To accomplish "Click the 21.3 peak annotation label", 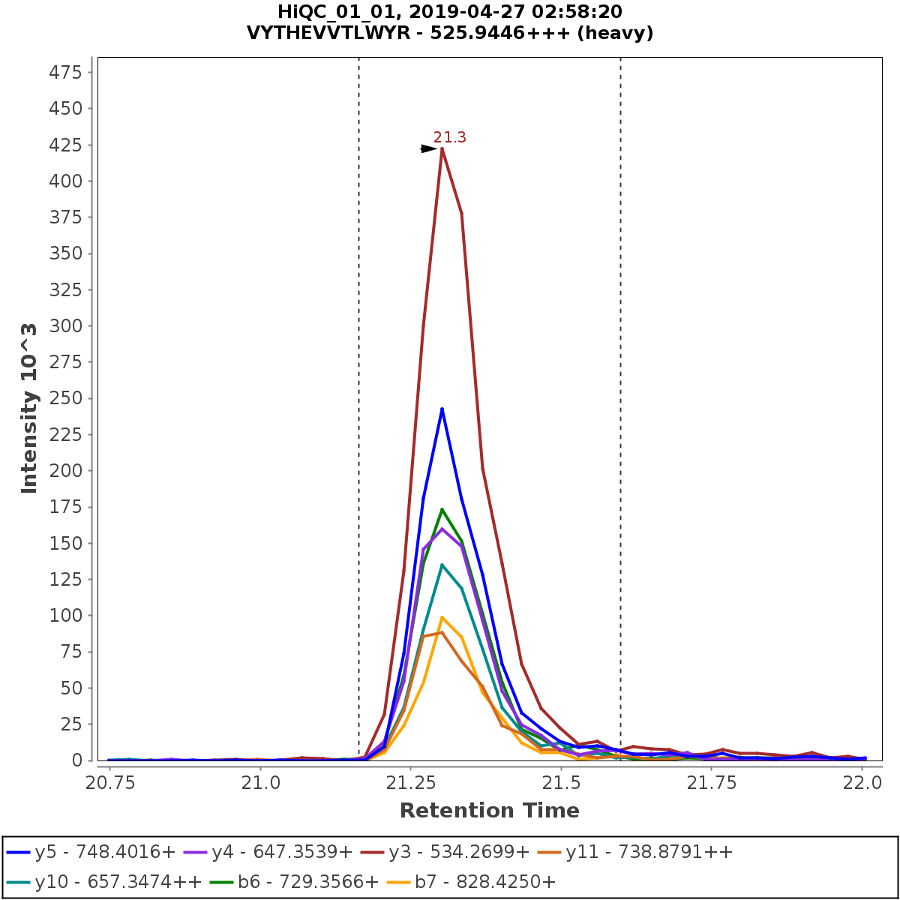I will pyautogui.click(x=450, y=137).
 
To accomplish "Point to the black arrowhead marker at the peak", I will pyautogui.click(x=429, y=148).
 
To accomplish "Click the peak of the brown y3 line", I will pyautogui.click(x=442, y=148).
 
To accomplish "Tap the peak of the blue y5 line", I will pyautogui.click(x=442, y=409).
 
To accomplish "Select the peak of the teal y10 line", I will pyautogui.click(x=442, y=565).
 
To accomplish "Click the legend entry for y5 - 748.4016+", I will pyautogui.click(x=91, y=852).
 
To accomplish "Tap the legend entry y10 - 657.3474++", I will pyautogui.click(x=104, y=882).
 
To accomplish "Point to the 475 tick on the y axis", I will pyautogui.click(x=65, y=72).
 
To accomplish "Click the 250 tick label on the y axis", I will pyautogui.click(x=65, y=398).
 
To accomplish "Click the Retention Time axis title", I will pyautogui.click(x=489, y=811).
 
